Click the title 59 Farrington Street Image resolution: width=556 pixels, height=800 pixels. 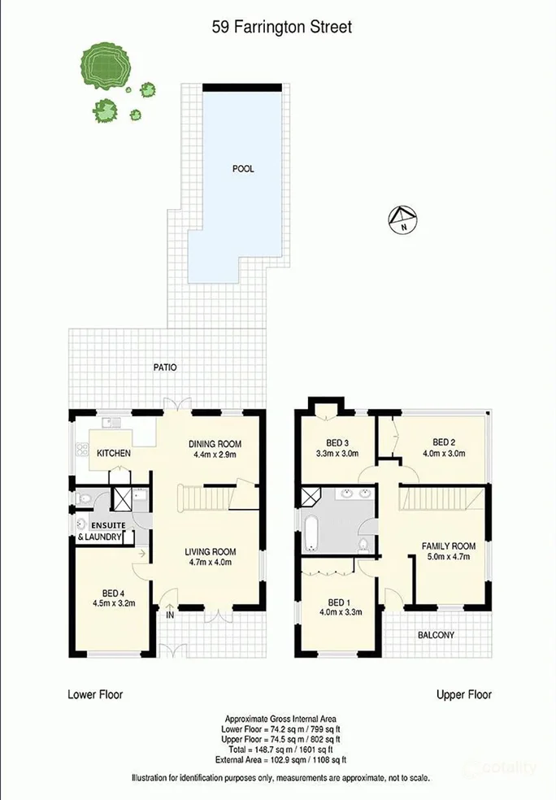coord(280,28)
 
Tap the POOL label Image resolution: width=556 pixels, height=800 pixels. coord(243,169)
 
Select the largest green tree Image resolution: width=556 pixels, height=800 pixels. coord(102,64)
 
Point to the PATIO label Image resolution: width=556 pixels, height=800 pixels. coord(165,367)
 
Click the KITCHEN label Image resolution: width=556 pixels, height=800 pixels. coord(115,453)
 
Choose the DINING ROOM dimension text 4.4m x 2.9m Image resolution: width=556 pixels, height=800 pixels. coord(215,455)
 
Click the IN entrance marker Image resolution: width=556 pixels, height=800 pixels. coord(170,615)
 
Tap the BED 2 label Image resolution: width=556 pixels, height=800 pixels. coord(443,443)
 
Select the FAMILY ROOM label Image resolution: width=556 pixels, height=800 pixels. coord(447,546)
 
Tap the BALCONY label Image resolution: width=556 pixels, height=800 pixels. coord(435,635)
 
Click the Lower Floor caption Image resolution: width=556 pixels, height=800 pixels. coord(94,694)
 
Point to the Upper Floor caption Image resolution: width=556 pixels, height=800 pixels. coord(463,694)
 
